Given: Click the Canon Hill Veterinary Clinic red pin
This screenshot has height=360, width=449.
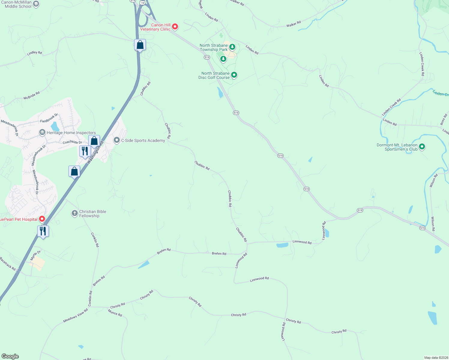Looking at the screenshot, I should pyautogui.click(x=175, y=27).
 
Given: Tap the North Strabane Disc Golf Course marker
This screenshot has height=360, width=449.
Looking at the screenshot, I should pyautogui.click(x=234, y=75).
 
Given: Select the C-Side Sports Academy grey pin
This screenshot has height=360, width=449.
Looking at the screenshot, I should pyautogui.click(x=117, y=140).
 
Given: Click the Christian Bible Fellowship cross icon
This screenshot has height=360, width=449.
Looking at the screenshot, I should pyautogui.click(x=75, y=213).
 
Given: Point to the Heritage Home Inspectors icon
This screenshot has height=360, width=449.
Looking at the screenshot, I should pyautogui.click(x=42, y=132).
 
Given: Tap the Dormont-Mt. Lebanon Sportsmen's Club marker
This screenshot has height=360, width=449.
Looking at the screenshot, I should pyautogui.click(x=422, y=147).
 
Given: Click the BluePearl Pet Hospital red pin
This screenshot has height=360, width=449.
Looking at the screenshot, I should pyautogui.click(x=42, y=219).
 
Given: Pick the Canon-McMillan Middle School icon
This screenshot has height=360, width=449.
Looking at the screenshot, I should pyautogui.click(x=36, y=4).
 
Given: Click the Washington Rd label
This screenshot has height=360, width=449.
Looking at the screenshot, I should pyautogui.click(x=95, y=152).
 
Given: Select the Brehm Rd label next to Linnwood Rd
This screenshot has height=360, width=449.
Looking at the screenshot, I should pyautogui.click(x=219, y=253).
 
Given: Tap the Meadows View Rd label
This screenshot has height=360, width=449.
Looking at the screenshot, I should pyautogui.click(x=75, y=316).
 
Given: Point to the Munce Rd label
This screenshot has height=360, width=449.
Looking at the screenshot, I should pyautogui.click(x=115, y=313).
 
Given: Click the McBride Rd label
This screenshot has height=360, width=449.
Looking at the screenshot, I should pyautogui.click(x=32, y=96).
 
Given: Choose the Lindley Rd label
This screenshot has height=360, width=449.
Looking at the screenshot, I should pyautogui.click(x=35, y=53).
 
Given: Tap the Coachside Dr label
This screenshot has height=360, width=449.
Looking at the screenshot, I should pyautogui.click(x=72, y=142).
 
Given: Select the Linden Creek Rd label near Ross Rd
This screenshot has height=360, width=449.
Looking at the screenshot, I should pyautogui.click(x=391, y=107).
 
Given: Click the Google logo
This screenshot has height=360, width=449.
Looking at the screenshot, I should pyautogui.click(x=10, y=356).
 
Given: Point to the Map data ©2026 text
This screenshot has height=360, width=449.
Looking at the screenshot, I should pyautogui.click(x=435, y=358).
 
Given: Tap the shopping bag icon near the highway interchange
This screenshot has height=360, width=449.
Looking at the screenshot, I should pyautogui.click(x=140, y=45).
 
